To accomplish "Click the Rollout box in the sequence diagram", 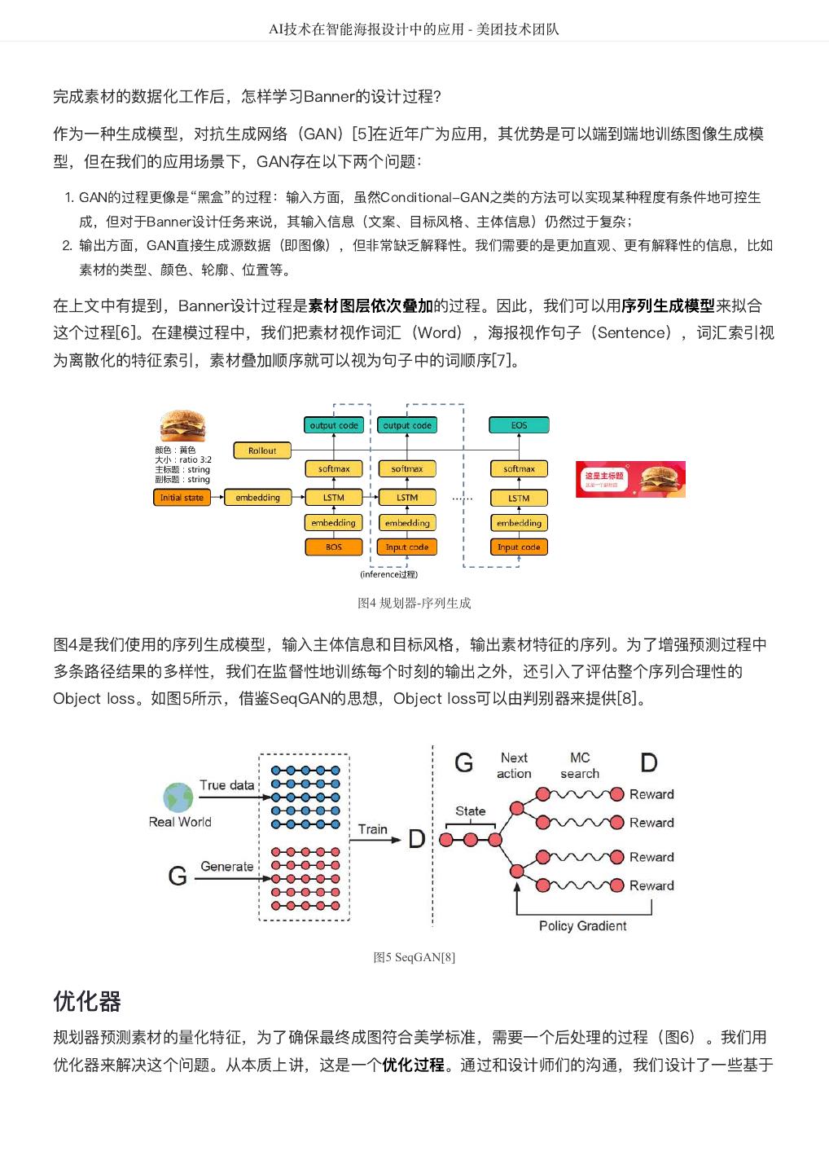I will pos(262,450).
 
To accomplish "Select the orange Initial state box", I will pos(182,498).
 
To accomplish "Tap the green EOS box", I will pos(519,425).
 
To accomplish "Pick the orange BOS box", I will pos(334,547).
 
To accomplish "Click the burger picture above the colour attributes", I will pos(182,427).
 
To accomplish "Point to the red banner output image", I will pos(630,479).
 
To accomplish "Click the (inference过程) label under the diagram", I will pos(388,574).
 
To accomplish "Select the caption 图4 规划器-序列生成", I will pos(414,603).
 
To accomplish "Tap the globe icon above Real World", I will pos(178,797).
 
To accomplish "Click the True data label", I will pos(226,785).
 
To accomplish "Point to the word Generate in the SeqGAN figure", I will pos(227,867).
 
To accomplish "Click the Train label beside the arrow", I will pos(373,829).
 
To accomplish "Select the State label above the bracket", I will pos(470,811).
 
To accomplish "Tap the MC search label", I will pos(580,766).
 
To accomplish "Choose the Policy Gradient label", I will pos(582,926).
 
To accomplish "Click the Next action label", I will pos(514,766).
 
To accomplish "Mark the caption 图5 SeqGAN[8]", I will pos(414,957).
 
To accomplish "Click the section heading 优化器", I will pos(87,1001).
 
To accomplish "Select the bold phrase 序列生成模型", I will pos(668,306).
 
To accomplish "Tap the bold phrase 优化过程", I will pos(413,1065).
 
